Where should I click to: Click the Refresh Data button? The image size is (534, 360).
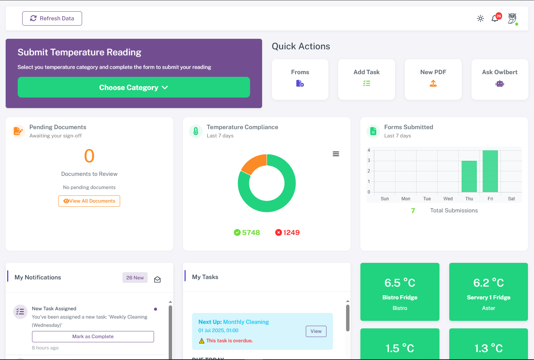coord(52,18)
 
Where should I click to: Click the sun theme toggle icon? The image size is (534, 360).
coord(481,18)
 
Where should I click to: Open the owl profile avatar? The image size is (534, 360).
coord(512,18)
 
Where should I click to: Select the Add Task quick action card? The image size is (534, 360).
coord(366,79)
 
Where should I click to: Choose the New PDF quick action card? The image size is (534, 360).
coord(433,79)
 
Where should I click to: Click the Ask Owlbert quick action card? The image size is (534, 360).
coord(500,79)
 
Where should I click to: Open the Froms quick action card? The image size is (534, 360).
coord(300,79)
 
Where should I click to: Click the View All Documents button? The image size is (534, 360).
coord(89,201)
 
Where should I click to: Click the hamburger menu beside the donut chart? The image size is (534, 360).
coord(336,154)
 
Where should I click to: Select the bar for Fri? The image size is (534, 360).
coord(490,171)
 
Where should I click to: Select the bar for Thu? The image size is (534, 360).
coord(469,176)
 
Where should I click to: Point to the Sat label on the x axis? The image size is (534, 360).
coord(511,199)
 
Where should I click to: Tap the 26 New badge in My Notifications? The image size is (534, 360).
coord(135,278)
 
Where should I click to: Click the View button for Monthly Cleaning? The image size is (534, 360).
coord(316,331)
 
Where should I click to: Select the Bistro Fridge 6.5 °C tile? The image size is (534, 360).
coord(400,292)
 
